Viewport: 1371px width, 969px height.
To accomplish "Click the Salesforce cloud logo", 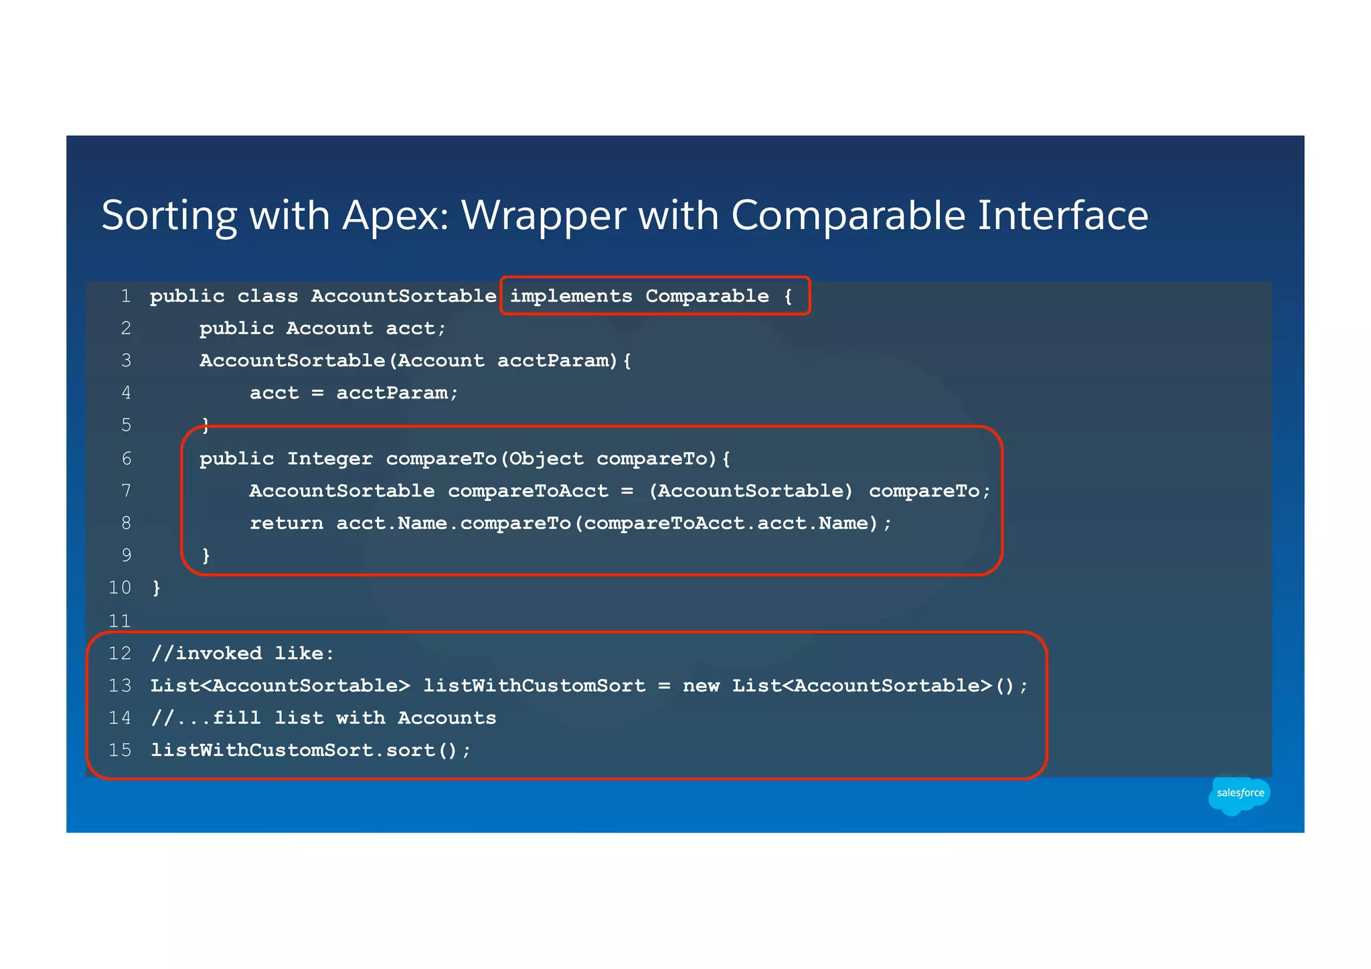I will [x=1239, y=794].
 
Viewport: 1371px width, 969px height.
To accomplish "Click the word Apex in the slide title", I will [x=395, y=216].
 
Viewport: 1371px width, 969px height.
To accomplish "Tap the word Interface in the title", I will [x=1062, y=216].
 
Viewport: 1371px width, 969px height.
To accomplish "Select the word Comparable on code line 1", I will [x=707, y=296].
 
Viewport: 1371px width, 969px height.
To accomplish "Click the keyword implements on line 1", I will [x=571, y=296].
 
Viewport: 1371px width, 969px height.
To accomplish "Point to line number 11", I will [x=120, y=621].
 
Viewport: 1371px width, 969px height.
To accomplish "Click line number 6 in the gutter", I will [x=126, y=459].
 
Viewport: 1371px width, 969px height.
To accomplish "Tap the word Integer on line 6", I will [x=329, y=459].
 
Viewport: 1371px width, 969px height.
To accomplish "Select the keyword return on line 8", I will [x=286, y=523].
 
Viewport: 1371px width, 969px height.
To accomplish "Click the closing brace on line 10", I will [x=156, y=588].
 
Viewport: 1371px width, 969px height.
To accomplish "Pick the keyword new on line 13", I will [x=701, y=686].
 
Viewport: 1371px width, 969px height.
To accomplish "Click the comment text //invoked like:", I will [x=242, y=653].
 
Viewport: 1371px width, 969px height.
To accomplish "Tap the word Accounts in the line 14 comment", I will [x=447, y=718].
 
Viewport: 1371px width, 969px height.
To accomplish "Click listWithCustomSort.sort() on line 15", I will [x=310, y=750].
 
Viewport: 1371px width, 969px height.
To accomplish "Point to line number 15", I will [x=120, y=750].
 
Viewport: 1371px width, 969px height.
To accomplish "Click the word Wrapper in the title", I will [x=543, y=216].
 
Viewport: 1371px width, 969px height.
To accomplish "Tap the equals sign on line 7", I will [x=627, y=491].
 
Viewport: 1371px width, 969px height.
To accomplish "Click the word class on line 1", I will [x=267, y=296].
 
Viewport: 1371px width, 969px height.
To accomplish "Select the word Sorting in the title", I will [x=169, y=216].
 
